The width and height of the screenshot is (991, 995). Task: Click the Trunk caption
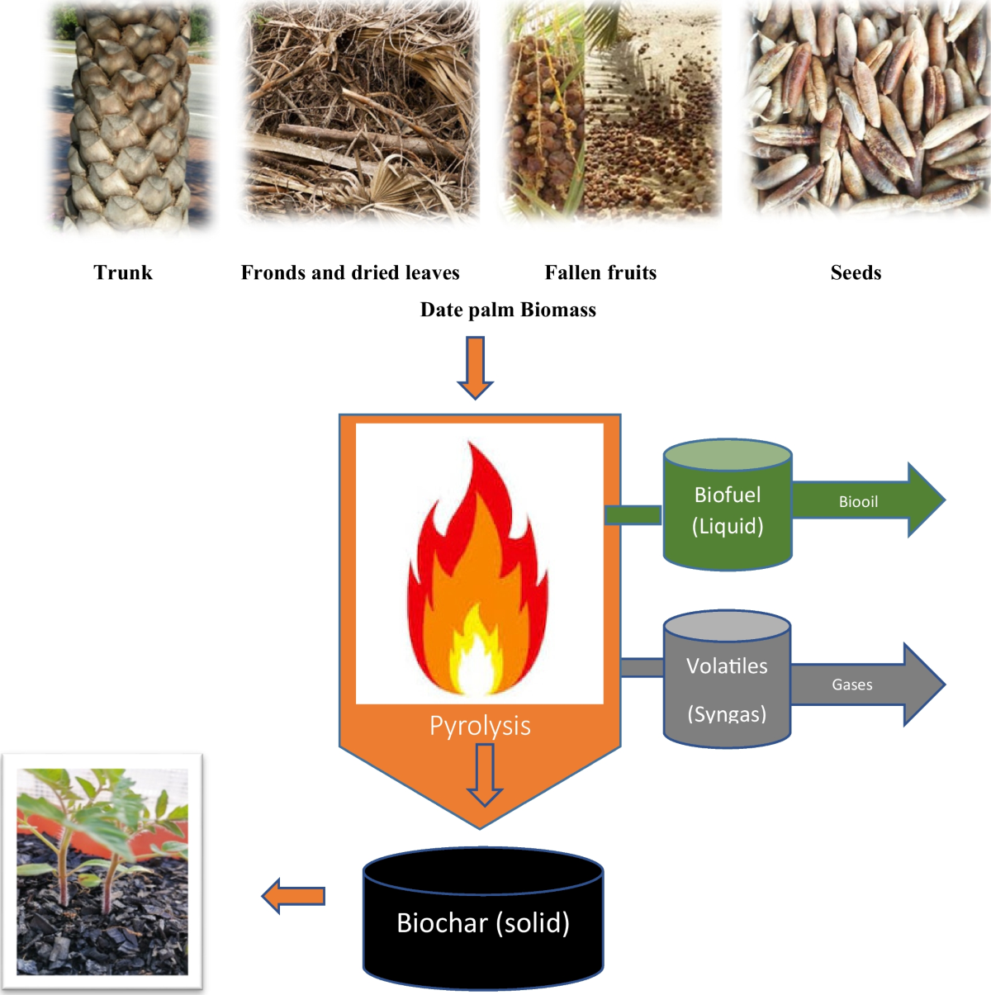pos(123,272)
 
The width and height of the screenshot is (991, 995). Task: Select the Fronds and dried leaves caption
pos(349,272)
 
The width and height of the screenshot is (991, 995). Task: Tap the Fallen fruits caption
pos(600,272)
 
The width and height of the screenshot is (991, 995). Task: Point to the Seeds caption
pos(856,272)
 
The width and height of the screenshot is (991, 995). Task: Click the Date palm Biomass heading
pos(508,310)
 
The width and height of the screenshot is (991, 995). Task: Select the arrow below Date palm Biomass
pos(475,367)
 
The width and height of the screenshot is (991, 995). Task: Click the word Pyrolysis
pos(480,726)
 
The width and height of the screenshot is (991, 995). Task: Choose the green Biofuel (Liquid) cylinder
pos(727,505)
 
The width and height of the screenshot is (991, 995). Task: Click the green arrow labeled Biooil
pos(869,500)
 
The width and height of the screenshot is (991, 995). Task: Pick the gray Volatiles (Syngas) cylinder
pos(727,679)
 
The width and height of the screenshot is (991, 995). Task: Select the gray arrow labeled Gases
pos(868,685)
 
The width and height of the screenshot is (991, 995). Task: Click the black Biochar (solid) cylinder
pos(483,919)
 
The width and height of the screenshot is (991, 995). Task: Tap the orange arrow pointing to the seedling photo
pos(293,896)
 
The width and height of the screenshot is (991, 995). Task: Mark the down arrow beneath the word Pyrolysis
pos(485,775)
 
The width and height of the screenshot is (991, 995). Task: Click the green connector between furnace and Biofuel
pos(633,514)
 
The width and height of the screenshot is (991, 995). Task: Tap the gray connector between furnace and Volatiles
pos(642,668)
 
